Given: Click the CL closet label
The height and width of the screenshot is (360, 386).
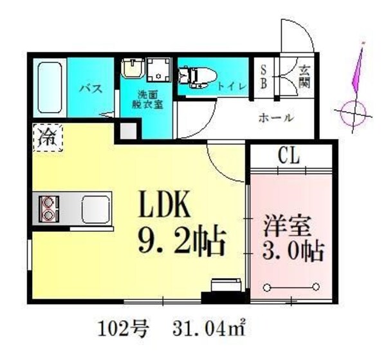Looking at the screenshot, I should pos(290,155).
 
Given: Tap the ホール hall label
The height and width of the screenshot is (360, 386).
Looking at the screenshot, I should pos(276,118).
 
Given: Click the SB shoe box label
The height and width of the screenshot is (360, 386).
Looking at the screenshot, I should pos(264,76).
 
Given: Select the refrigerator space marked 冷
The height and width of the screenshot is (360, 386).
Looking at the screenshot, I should pos(48,137).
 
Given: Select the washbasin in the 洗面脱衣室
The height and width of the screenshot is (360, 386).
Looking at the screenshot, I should pos(131,69).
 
